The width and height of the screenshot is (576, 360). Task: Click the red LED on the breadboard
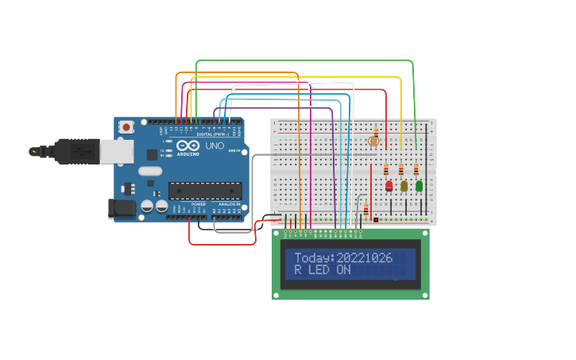389,186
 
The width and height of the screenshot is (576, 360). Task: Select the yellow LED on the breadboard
404,186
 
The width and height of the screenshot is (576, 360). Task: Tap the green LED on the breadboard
419,185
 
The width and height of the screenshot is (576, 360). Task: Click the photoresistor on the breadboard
373,141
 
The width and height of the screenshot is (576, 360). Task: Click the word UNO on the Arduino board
215,146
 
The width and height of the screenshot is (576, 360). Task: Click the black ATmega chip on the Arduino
205,190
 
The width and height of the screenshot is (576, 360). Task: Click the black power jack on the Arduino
117,208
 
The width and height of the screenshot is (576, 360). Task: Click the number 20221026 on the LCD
365,257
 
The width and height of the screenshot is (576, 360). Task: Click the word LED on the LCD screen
319,270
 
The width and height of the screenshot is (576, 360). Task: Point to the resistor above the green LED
416,168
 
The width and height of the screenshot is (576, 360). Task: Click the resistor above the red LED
386,168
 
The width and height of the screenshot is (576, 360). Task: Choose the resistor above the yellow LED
401,168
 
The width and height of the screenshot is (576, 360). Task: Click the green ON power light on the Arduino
230,150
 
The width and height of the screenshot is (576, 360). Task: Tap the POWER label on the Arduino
199,203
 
